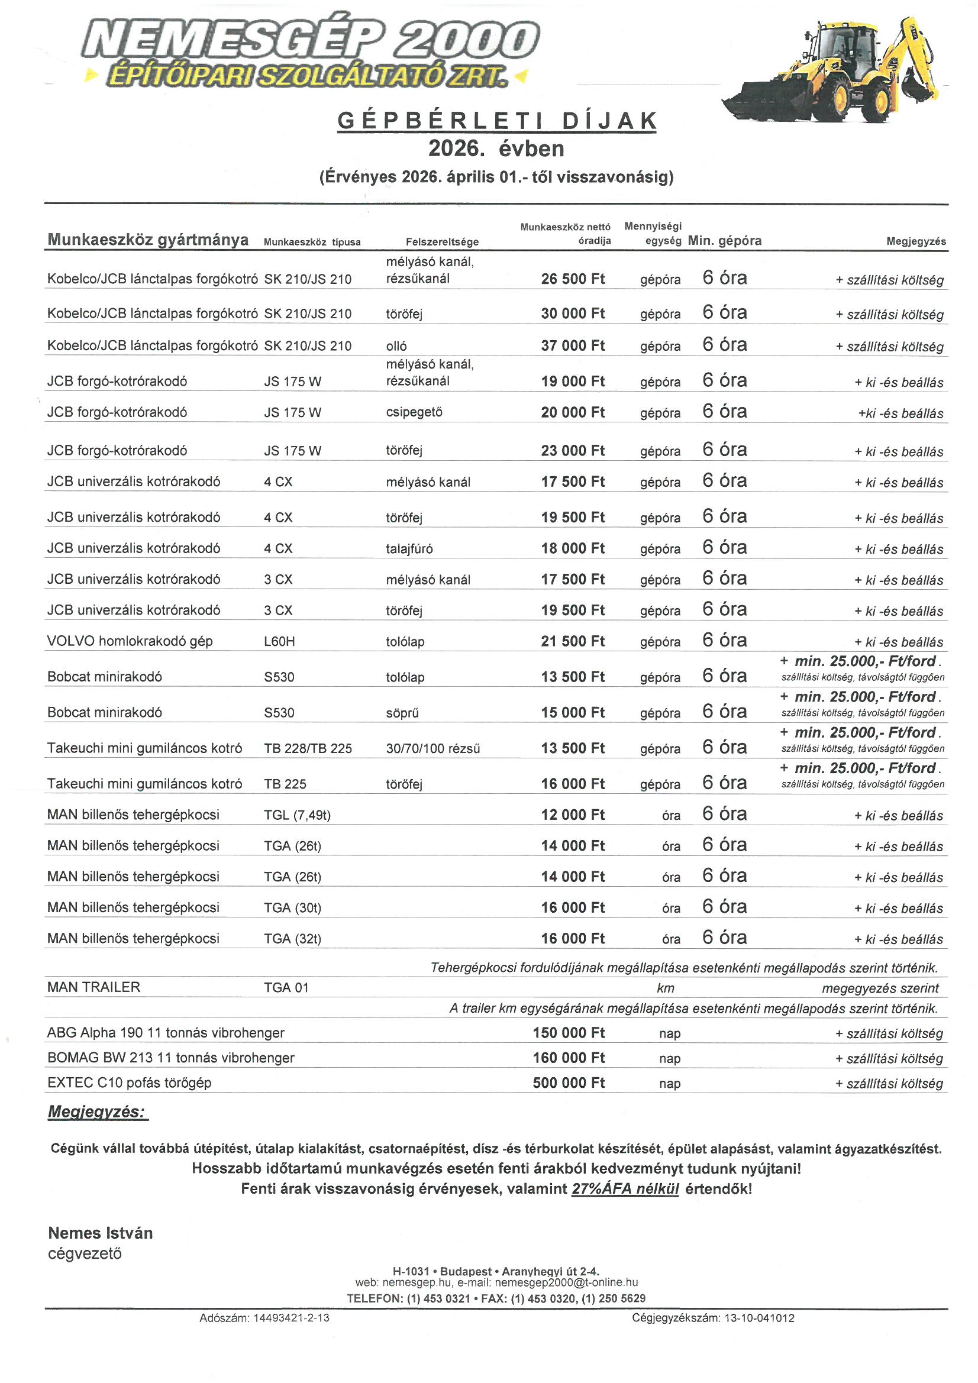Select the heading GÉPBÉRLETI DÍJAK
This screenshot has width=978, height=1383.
point(496,121)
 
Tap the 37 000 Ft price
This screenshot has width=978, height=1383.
point(573,345)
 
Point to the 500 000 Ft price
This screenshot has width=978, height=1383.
point(568,1083)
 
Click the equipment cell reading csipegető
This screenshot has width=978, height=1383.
point(414,412)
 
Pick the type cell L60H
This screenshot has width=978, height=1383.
point(279,641)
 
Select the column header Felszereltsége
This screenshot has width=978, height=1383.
point(442,241)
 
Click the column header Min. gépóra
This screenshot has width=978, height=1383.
point(724,240)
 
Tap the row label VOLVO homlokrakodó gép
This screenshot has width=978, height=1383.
point(130,641)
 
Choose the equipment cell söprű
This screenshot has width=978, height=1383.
point(402,713)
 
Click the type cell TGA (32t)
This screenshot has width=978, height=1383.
point(292,938)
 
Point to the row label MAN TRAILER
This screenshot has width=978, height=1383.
point(93,987)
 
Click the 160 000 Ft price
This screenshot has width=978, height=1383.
point(568,1057)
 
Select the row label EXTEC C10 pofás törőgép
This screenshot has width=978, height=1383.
point(129,1083)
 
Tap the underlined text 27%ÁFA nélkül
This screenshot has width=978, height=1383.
point(625,1188)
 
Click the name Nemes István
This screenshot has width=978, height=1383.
point(100,1233)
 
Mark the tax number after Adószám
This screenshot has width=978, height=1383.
point(291,1317)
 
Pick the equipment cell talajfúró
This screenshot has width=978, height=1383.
point(409,548)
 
